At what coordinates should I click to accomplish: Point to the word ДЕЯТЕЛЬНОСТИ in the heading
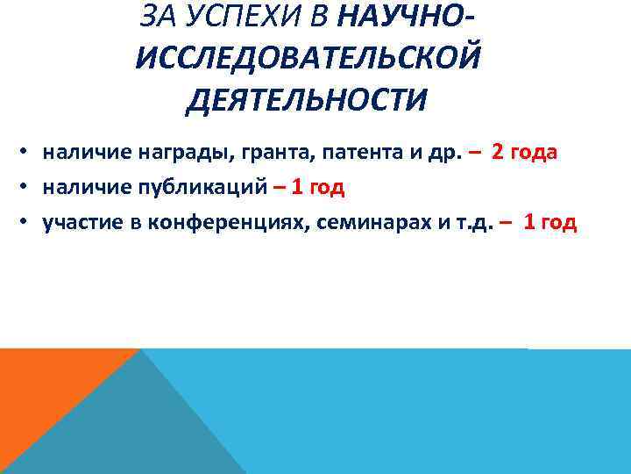[x=307, y=99]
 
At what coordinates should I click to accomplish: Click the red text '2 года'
[x=525, y=153]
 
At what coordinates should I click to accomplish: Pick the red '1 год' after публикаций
[x=318, y=187]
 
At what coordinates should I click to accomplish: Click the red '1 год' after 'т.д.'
[x=549, y=222]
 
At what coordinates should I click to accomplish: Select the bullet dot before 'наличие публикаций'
[x=28, y=188]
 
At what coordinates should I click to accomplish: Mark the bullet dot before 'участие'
[x=28, y=223]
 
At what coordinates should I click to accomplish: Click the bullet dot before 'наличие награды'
[x=28, y=154]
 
